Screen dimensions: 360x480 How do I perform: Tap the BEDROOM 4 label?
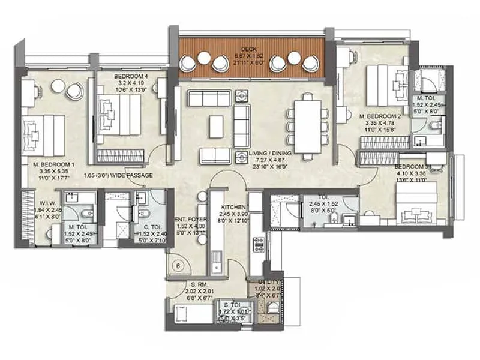pos(131,76)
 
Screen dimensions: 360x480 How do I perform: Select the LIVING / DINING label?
pos(273,154)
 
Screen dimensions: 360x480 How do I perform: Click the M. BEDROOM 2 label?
pos(380,115)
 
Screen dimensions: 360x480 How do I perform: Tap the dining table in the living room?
pos(307,127)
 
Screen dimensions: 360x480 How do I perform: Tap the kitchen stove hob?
pos(260,244)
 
